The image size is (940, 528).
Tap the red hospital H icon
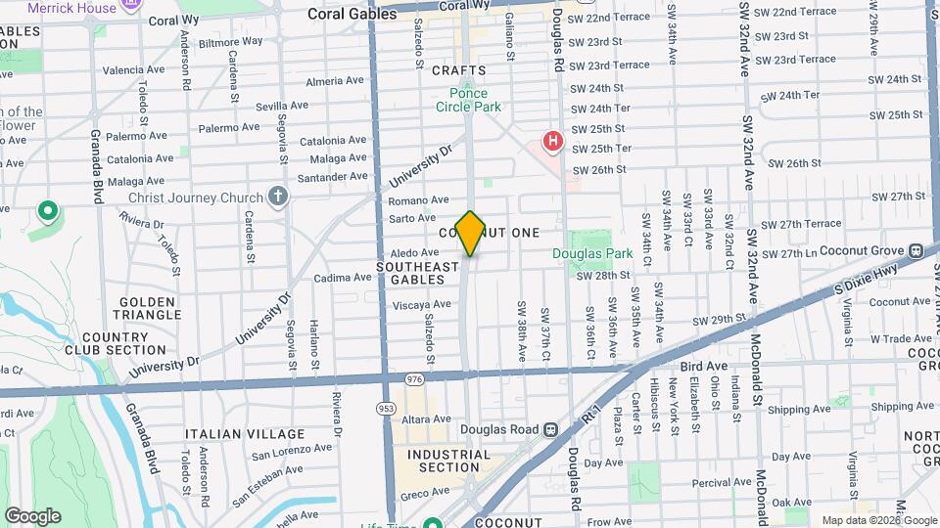[553, 143]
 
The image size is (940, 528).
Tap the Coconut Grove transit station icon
[916, 250]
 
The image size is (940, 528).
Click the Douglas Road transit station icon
[551, 429]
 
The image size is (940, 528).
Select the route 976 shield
[414, 378]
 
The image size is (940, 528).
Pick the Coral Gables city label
[347, 14]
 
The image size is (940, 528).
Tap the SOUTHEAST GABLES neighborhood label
[418, 273]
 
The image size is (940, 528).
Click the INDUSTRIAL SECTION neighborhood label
[448, 461]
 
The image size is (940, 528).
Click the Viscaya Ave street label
[423, 304]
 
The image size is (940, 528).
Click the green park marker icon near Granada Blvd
[46, 210]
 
